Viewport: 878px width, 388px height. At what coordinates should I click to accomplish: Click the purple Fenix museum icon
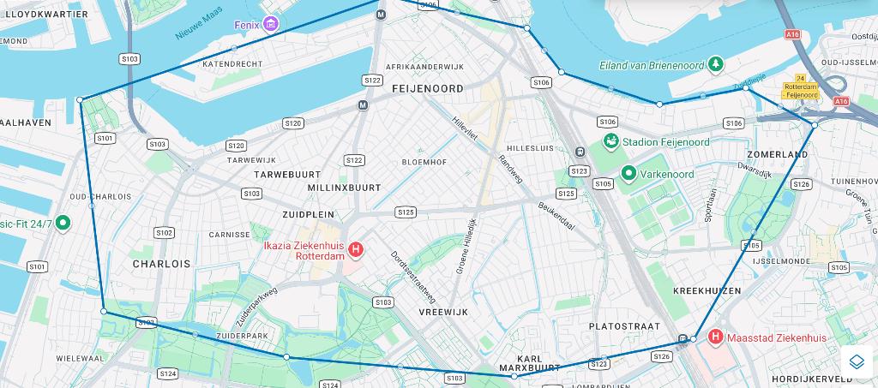271,23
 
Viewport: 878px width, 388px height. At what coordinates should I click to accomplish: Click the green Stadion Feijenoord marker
611,141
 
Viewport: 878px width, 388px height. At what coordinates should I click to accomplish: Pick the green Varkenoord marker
628,174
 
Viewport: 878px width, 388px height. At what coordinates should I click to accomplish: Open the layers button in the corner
856,361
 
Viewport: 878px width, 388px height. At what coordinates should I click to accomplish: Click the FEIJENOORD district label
427,88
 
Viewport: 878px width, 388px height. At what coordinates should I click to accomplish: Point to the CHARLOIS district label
161,264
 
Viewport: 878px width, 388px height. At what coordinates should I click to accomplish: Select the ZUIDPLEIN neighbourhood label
308,213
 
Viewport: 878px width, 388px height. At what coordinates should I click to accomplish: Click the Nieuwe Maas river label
200,23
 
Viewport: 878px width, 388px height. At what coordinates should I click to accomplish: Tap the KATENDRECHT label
232,64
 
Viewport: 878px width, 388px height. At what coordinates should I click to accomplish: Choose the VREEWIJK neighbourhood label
443,313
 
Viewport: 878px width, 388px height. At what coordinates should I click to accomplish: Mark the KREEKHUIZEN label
707,291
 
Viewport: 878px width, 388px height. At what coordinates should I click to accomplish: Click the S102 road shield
163,233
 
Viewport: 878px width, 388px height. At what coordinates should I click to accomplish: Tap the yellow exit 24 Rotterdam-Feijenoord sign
800,87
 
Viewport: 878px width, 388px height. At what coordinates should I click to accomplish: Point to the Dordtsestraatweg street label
412,276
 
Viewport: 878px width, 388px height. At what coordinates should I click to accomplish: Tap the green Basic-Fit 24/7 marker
62,224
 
